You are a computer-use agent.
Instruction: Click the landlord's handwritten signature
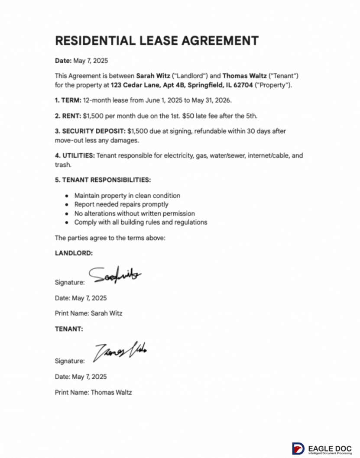tap(115, 274)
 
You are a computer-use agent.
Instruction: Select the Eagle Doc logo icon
tap(298, 448)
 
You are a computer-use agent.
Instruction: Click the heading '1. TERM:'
tap(68, 100)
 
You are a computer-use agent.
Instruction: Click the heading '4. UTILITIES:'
tap(75, 155)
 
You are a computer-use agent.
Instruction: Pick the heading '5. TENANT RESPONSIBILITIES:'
tap(103, 180)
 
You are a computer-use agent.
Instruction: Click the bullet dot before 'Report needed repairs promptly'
tap(66, 204)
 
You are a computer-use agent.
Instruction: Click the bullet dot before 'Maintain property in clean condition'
tap(66, 196)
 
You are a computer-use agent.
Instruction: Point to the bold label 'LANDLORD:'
tap(74, 254)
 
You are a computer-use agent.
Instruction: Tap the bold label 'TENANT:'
tap(69, 329)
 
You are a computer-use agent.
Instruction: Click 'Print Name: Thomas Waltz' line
tap(93, 392)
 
